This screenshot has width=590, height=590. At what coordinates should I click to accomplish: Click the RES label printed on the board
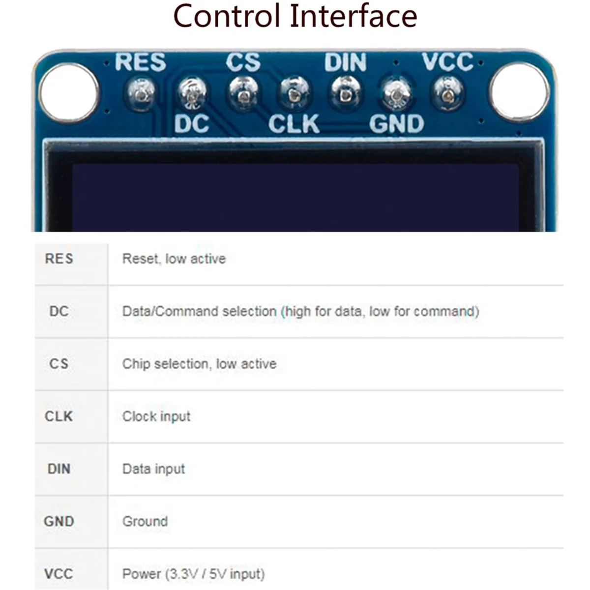[x=141, y=63]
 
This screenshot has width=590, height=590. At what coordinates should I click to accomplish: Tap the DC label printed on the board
[x=192, y=124]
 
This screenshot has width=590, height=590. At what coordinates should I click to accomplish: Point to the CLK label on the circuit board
[x=294, y=124]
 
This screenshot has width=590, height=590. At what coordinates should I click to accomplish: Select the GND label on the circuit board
[x=396, y=124]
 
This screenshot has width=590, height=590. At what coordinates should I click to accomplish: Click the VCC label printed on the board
[x=447, y=62]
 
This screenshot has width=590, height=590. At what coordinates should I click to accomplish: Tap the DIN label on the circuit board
[x=345, y=63]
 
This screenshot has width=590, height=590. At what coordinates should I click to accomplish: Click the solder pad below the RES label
[x=142, y=92]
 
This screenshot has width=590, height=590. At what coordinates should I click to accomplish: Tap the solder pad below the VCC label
[x=447, y=92]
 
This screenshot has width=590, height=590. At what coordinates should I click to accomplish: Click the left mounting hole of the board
[x=69, y=92]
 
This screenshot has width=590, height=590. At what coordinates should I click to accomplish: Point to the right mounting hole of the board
[x=519, y=92]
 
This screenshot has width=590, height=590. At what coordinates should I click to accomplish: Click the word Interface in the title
[x=353, y=16]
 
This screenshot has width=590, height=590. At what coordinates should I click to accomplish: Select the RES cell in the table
[x=59, y=259]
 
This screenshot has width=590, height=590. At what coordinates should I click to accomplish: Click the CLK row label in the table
[x=59, y=416]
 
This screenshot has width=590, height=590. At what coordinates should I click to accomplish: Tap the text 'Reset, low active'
[x=174, y=259]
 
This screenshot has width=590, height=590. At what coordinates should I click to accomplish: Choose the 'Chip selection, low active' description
[x=199, y=364]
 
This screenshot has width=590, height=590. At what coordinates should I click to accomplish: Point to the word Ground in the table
[x=145, y=521]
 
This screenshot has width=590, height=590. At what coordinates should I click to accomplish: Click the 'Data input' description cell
[x=153, y=469]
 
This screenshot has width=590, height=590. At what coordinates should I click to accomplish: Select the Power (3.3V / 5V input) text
[x=193, y=574]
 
